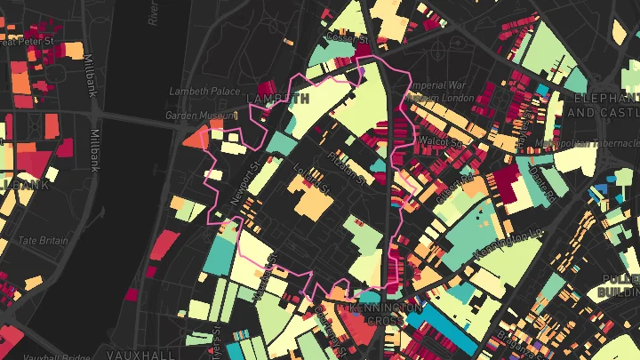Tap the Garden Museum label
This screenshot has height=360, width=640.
(196, 116)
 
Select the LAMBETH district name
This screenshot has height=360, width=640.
(279, 99)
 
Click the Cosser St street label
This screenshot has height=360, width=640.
(347, 39)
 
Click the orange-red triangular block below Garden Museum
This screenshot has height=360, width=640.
(195, 138)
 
